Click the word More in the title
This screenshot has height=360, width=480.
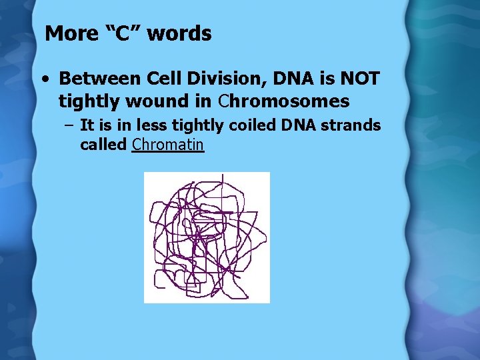(x=69, y=33)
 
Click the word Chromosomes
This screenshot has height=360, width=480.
(x=284, y=101)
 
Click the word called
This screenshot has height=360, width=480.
(x=103, y=144)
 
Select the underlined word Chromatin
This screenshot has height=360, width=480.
(x=168, y=144)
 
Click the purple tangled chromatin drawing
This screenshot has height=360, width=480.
(x=207, y=237)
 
